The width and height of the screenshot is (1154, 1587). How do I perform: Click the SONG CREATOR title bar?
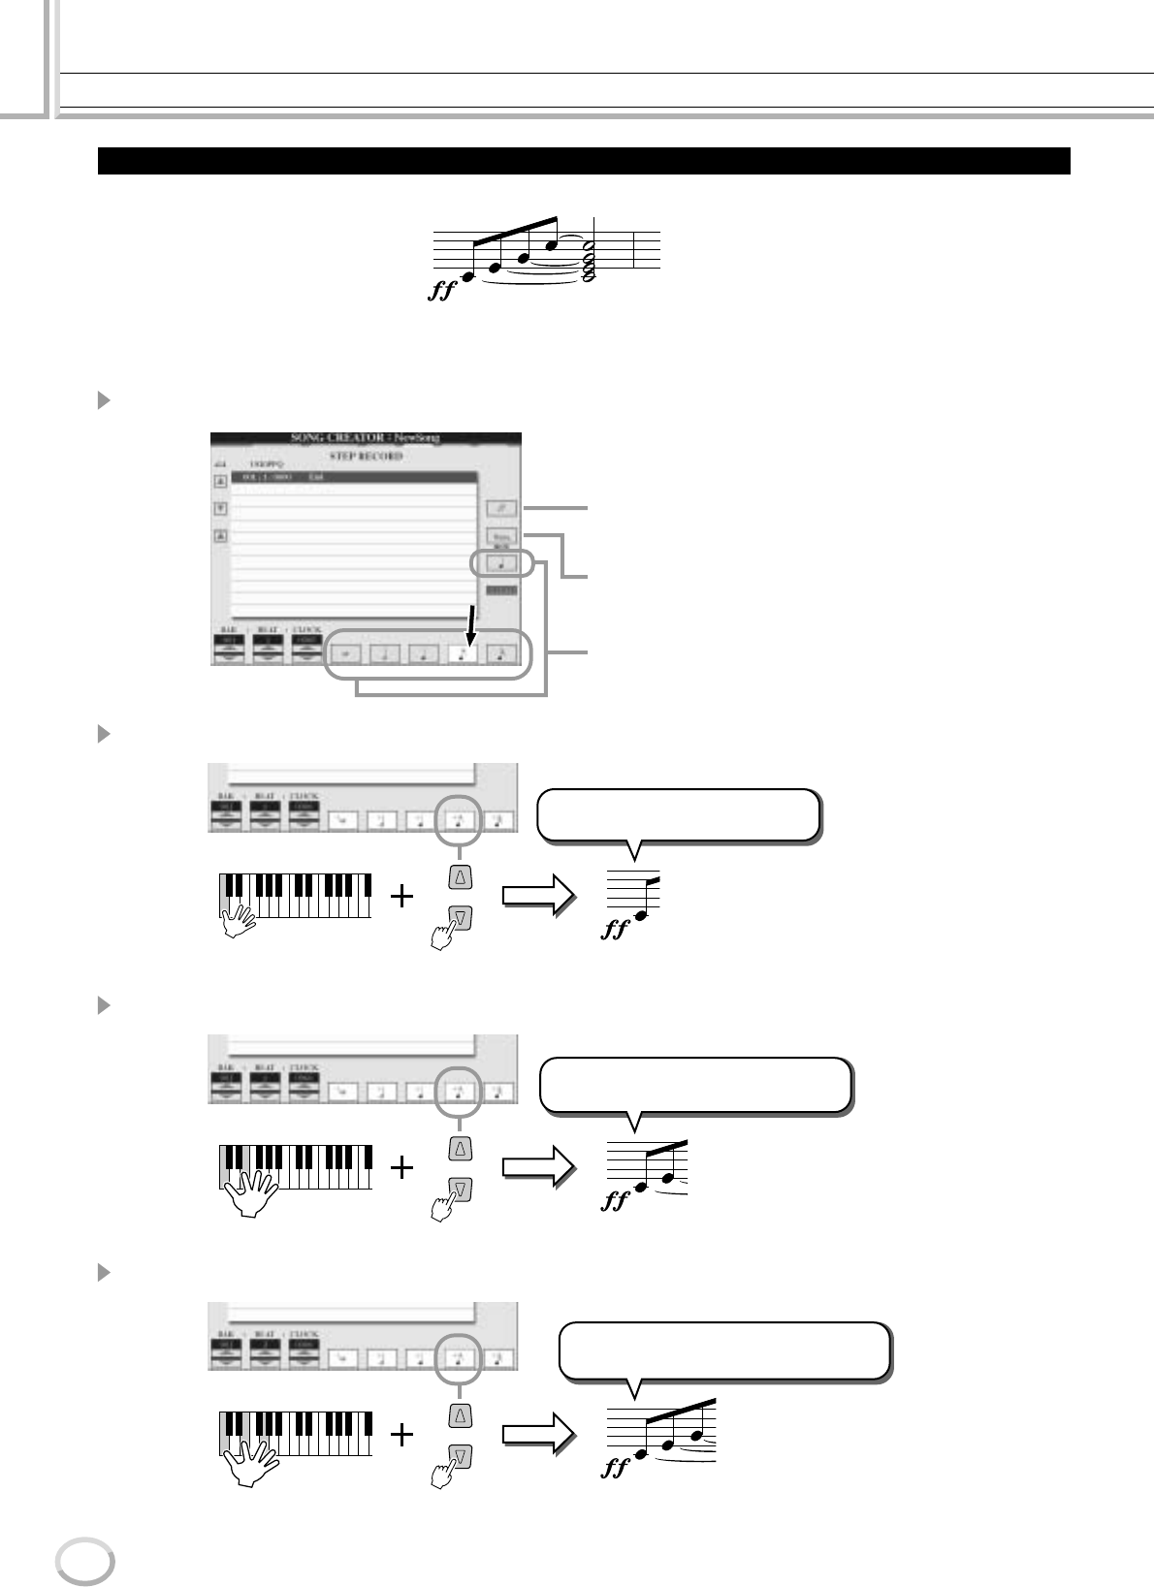(366, 438)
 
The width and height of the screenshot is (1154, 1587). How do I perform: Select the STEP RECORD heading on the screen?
(366, 456)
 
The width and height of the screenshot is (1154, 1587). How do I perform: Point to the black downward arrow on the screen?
(470, 626)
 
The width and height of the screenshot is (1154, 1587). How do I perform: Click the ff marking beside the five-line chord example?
(441, 290)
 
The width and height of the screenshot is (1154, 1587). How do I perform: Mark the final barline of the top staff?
(634, 249)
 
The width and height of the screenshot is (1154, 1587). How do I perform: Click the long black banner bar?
(584, 161)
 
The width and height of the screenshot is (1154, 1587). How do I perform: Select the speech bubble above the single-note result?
(678, 815)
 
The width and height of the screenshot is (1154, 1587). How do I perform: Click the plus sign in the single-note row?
(402, 897)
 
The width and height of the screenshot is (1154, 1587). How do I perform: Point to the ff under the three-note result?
(616, 1469)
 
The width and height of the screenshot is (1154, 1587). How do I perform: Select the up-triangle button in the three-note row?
(461, 1416)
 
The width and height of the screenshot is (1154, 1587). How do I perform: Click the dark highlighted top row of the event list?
(354, 478)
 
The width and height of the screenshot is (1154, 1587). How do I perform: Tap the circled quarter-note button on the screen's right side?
(502, 563)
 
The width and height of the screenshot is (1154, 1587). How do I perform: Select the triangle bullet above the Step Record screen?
(105, 399)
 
